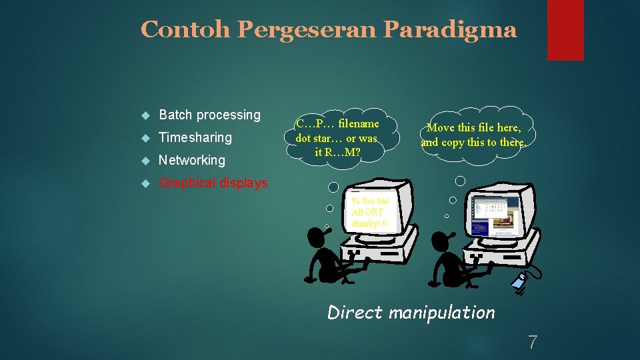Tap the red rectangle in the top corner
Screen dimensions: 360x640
(565, 29)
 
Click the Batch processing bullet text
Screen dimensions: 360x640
(209, 115)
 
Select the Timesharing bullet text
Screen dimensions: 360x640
(195, 137)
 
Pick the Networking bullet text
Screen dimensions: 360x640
(191, 160)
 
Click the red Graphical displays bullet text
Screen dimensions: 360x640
(213, 183)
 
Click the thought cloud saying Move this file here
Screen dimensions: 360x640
(473, 135)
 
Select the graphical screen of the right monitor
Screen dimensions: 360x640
(495, 215)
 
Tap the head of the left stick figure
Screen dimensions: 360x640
(316, 236)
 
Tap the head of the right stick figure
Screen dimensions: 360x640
(442, 239)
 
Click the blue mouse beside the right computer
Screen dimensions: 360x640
(519, 282)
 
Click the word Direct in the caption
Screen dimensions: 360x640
(355, 312)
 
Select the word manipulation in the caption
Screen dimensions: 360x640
(442, 312)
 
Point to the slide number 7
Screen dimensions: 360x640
(532, 343)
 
